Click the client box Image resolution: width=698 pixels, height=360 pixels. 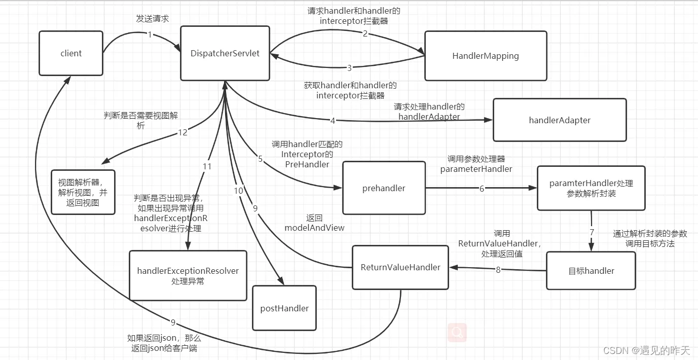tap(71, 53)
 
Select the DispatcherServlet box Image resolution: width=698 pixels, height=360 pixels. tap(225, 53)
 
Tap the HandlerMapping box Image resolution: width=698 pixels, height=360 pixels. tap(486, 56)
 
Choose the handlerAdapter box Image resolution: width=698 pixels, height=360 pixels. tap(560, 120)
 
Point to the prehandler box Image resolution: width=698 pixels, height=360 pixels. tap(384, 188)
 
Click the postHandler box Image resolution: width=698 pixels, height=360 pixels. tap(284, 308)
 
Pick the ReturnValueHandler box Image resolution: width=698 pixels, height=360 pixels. tap(400, 267)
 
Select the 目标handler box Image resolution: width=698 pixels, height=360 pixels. tap(591, 271)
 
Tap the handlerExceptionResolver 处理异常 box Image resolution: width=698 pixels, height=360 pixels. tap(188, 275)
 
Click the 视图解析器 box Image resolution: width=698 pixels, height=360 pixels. tap(83, 192)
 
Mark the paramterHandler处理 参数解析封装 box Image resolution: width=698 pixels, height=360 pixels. tap(591, 188)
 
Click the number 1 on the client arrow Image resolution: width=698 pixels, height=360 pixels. tap(150, 34)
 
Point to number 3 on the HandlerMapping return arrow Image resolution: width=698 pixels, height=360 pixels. tap(349, 68)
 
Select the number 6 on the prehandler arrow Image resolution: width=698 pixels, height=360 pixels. tap(482, 188)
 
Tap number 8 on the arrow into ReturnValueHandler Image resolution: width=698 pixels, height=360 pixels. tap(498, 270)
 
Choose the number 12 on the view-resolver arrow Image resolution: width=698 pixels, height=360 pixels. tap(182, 132)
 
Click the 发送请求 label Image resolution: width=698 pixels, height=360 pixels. tap(152, 18)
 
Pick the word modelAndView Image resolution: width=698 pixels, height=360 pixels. tap(314, 228)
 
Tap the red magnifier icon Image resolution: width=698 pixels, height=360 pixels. tap(457, 333)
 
